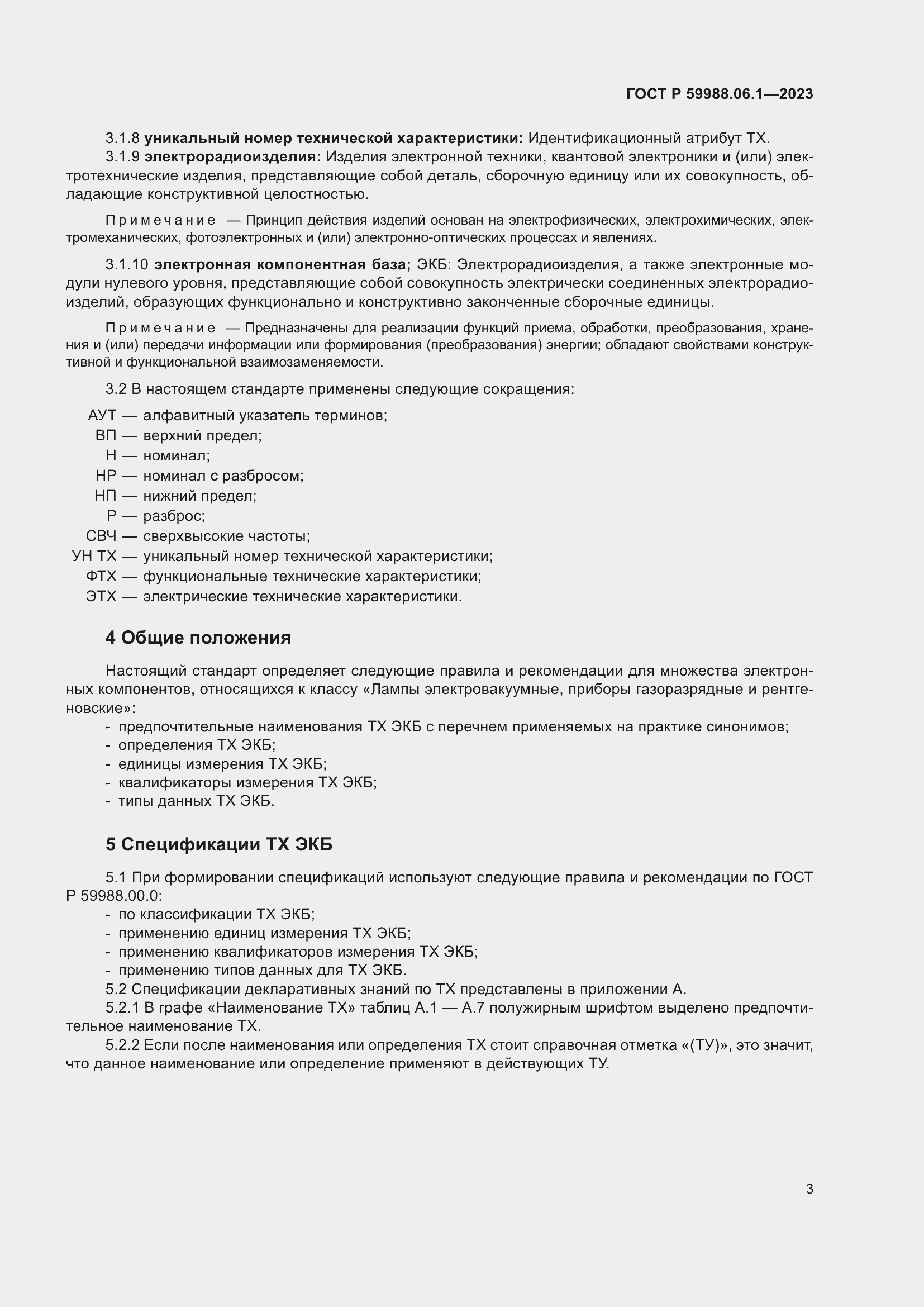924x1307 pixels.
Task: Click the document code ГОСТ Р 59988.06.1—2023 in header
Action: [719, 94]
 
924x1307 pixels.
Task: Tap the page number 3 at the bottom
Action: [809, 1189]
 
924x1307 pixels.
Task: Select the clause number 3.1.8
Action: [122, 139]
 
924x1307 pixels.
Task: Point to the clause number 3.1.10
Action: [126, 265]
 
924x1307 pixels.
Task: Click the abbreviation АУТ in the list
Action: [102, 416]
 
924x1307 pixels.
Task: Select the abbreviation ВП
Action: [106, 435]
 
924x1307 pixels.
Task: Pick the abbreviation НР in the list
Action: [106, 476]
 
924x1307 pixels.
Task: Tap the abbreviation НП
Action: [105, 496]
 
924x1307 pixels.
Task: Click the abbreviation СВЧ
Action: [101, 536]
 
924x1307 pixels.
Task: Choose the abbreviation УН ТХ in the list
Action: [94, 556]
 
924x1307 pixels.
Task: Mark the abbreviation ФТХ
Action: [101, 577]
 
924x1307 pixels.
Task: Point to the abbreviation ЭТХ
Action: [101, 597]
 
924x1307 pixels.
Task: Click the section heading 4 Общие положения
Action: [198, 638]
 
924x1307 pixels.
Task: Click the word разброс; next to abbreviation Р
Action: [174, 516]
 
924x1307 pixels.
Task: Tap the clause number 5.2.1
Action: [122, 1008]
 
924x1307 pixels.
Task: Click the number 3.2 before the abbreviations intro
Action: [116, 389]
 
